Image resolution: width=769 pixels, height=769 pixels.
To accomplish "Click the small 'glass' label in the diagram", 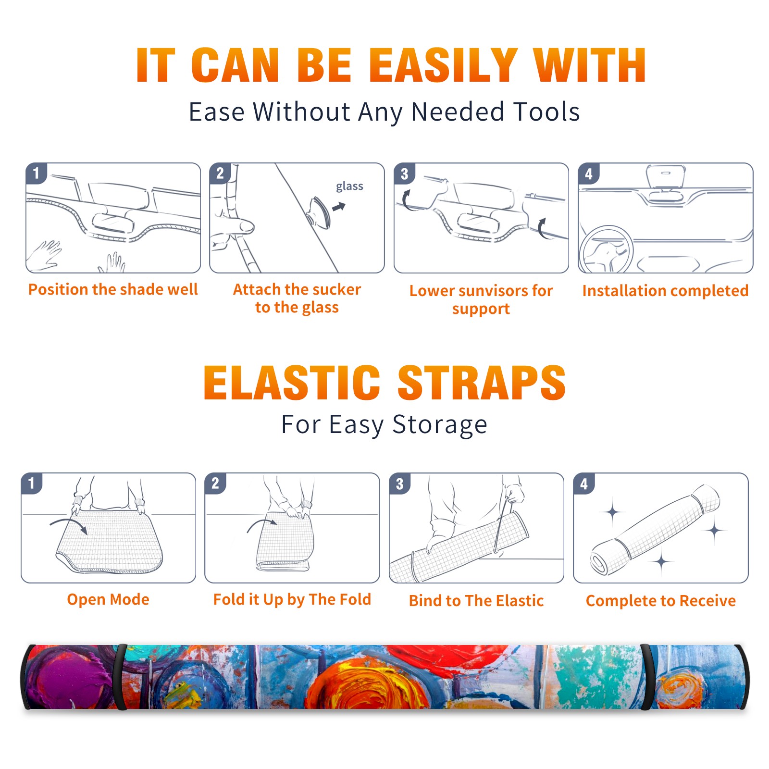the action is pyautogui.click(x=349, y=186).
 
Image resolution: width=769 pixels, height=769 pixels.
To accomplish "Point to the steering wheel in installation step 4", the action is pyautogui.click(x=606, y=249).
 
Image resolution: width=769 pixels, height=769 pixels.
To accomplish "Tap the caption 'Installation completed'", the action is pyautogui.click(x=665, y=291).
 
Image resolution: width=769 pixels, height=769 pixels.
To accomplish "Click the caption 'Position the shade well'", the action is pyautogui.click(x=113, y=289).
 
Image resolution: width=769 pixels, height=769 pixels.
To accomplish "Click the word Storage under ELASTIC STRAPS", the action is pyautogui.click(x=440, y=425).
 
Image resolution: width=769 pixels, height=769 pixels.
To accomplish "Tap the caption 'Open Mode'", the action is pyautogui.click(x=108, y=599).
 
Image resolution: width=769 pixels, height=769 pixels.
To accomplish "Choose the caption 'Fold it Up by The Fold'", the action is pyautogui.click(x=292, y=599).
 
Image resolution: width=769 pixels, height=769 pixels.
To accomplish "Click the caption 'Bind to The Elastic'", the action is pyautogui.click(x=476, y=601).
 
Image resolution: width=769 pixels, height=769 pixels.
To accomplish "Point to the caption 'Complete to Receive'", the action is pyautogui.click(x=661, y=601).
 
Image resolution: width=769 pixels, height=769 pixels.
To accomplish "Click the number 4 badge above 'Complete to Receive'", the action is pyautogui.click(x=584, y=484).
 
